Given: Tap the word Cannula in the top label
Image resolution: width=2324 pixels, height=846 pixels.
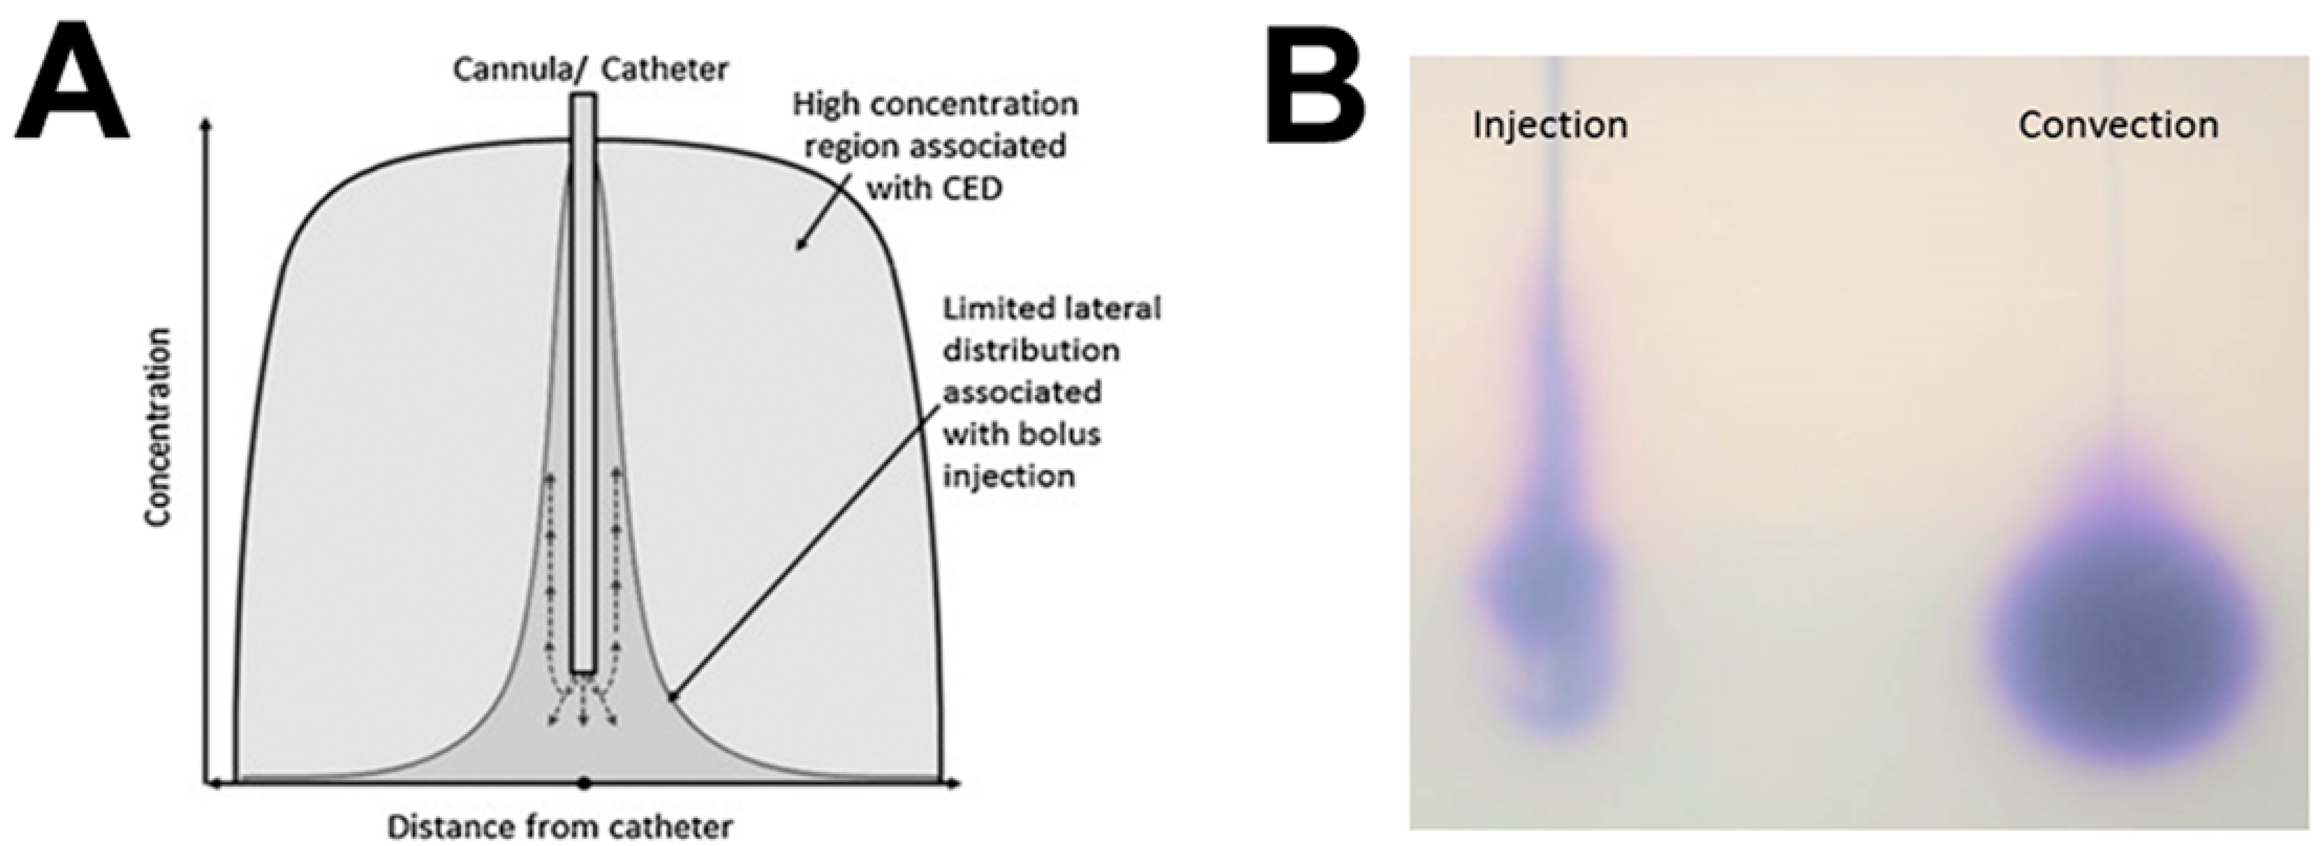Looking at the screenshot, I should coord(507,69).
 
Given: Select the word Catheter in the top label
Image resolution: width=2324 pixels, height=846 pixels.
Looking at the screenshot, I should coord(663,69).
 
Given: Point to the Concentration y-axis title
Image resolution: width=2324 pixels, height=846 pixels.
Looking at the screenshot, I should coord(159,427).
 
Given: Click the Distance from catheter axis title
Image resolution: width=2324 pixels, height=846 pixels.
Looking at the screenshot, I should coord(559,826).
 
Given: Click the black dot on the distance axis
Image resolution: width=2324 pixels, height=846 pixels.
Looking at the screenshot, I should coord(585,783).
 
